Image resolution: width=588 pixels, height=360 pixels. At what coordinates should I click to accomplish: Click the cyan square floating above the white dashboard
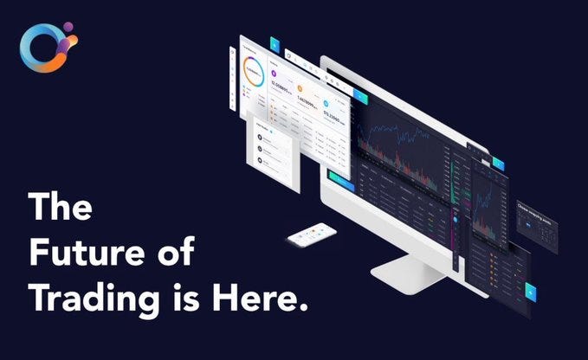(275, 42)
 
